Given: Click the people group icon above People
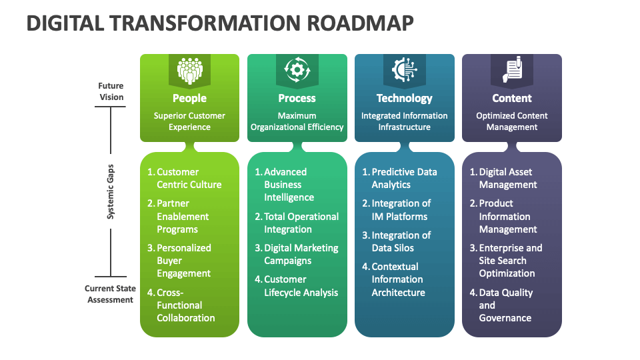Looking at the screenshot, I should pyautogui.click(x=189, y=70).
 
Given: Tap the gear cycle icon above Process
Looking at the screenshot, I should pyautogui.click(x=297, y=70).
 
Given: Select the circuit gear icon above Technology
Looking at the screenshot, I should pyautogui.click(x=404, y=70).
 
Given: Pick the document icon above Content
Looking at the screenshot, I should pyautogui.click(x=511, y=70).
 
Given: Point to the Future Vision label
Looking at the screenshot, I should pyautogui.click(x=111, y=91).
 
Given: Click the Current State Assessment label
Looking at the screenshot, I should pyautogui.click(x=110, y=294).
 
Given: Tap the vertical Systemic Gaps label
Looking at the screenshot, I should pyautogui.click(x=111, y=192).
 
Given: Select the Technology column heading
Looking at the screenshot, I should pyautogui.click(x=404, y=99).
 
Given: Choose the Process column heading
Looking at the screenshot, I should pyautogui.click(x=297, y=99).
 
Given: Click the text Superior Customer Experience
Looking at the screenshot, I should pyautogui.click(x=189, y=121).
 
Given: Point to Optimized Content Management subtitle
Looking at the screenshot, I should pyautogui.click(x=511, y=121).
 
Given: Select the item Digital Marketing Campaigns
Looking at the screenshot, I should pyautogui.click(x=300, y=254).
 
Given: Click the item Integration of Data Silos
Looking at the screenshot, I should pyautogui.click(x=400, y=241).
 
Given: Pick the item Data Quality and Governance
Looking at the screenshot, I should pyautogui.click(x=505, y=305).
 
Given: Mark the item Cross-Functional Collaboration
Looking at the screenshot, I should pyautogui.click(x=185, y=305).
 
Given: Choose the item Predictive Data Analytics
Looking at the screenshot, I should pyautogui.click(x=403, y=178).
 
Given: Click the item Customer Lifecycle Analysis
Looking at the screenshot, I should pyautogui.click(x=300, y=285).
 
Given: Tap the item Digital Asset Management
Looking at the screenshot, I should pyautogui.click(x=507, y=178).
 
